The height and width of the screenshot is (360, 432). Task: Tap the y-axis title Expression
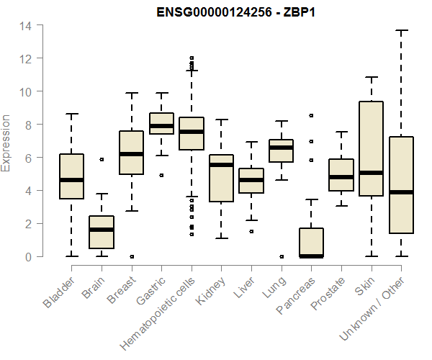point(6,143)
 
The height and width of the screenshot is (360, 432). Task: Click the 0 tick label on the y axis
point(28,257)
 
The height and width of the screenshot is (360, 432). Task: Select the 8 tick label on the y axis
point(28,125)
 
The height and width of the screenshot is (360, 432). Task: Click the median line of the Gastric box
point(161,126)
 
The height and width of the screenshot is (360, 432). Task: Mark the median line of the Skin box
point(371,173)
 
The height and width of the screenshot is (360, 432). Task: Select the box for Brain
point(102,232)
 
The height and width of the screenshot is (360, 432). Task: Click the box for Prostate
point(341,175)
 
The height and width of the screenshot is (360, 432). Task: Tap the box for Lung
point(281,150)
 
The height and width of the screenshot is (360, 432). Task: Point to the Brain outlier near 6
point(102,159)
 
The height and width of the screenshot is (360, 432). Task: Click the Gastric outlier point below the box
point(161,175)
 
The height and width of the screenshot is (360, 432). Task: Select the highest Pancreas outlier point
point(311,115)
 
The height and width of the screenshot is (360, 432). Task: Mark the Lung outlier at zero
point(281,256)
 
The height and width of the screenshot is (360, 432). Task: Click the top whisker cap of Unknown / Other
point(401,30)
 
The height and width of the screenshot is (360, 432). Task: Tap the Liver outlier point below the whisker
point(251,231)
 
